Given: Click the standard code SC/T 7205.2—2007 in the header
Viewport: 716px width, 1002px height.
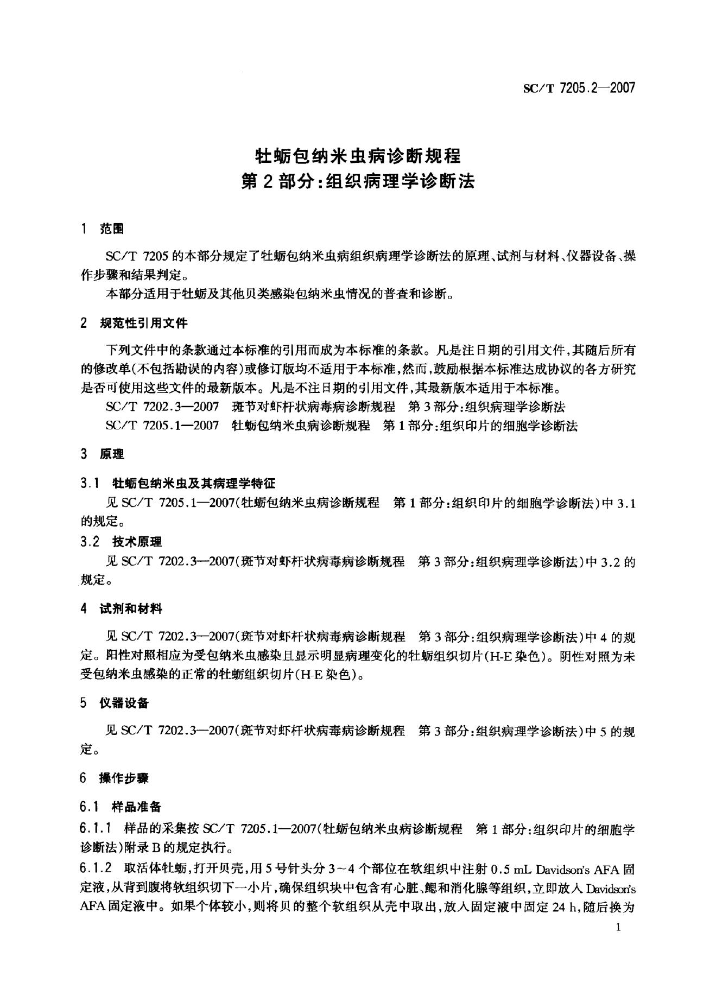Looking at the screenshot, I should (579, 88).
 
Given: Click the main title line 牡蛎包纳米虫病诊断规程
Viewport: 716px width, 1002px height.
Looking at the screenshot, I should (358, 156).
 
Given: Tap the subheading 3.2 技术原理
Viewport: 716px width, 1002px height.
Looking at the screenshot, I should (121, 542).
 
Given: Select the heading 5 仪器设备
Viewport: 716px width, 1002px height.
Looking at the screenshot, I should (115, 703).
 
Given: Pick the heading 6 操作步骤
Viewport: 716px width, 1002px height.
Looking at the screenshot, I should (115, 778).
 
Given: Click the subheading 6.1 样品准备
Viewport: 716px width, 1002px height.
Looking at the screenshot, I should (121, 807).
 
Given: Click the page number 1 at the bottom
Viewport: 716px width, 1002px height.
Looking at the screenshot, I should (618, 927).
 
